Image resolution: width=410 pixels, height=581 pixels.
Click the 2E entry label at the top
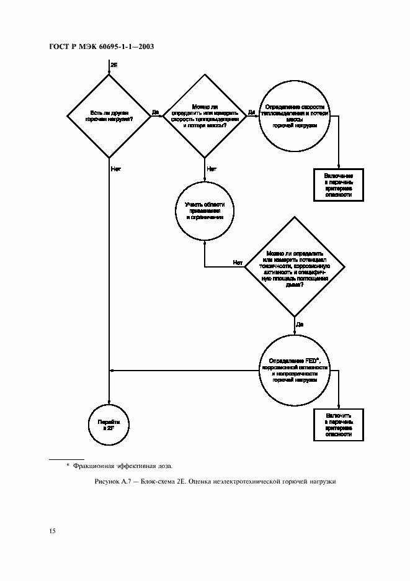coord(114,64)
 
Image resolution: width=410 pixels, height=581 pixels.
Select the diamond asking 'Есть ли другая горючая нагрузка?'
coord(109,115)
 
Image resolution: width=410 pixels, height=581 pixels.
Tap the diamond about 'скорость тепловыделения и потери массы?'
coord(205,115)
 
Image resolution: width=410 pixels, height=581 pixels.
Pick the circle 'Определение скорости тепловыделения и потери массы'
coord(295,115)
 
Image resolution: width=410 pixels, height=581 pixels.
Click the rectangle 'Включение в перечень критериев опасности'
coord(338,185)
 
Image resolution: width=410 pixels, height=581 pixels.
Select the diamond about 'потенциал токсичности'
coord(295,272)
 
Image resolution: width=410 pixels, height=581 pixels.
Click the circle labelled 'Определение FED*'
coord(295,371)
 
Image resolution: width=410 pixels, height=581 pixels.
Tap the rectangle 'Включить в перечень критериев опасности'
coord(338,425)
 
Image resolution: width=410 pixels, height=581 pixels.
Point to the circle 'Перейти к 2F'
coord(109,425)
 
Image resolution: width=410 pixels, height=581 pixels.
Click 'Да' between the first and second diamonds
coord(155,112)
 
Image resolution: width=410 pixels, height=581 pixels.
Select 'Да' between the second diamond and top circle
coord(251,112)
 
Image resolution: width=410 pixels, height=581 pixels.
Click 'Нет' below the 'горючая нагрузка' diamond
coord(116,168)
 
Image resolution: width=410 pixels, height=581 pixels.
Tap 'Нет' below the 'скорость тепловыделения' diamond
coord(212,168)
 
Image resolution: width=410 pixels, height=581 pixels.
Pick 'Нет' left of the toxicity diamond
coord(238,263)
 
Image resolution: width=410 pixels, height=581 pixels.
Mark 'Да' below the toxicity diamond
coord(300,324)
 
